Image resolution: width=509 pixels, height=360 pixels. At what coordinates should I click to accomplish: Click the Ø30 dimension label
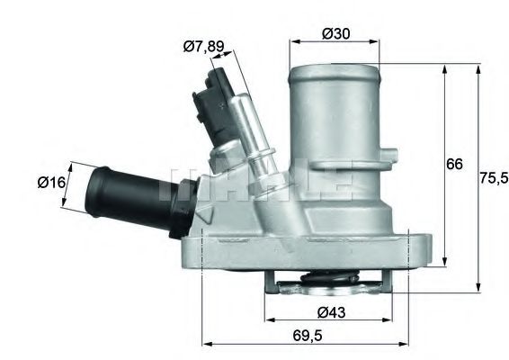click(x=335, y=33)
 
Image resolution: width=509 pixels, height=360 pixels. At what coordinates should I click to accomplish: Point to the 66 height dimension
click(x=454, y=164)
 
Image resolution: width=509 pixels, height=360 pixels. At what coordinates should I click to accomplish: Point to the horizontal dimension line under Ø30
click(x=335, y=42)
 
